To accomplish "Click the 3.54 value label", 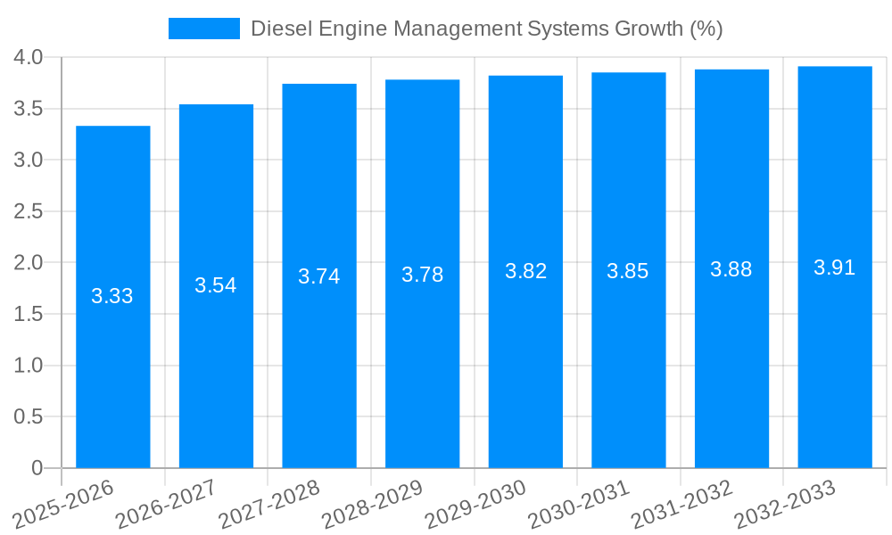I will click(x=216, y=285).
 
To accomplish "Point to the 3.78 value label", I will click(x=422, y=275).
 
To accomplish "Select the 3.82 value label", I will click(x=525, y=271).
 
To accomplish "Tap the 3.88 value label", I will click(x=731, y=269).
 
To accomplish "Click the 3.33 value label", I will click(x=112, y=296).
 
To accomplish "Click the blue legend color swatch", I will click(x=204, y=29).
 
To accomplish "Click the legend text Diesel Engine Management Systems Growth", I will click(x=486, y=29).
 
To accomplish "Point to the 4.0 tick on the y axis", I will click(x=29, y=58).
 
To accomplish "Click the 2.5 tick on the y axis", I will click(x=29, y=211).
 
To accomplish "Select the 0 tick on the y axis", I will click(x=37, y=468).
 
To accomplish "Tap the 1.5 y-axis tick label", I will click(x=29, y=314).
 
